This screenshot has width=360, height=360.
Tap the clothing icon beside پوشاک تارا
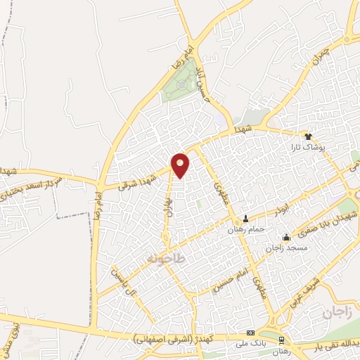point(307,136)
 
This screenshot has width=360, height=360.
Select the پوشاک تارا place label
point(307,148)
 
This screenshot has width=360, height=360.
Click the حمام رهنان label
point(245,229)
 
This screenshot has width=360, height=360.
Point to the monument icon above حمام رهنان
point(245,217)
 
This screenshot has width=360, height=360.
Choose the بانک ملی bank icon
point(250,333)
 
